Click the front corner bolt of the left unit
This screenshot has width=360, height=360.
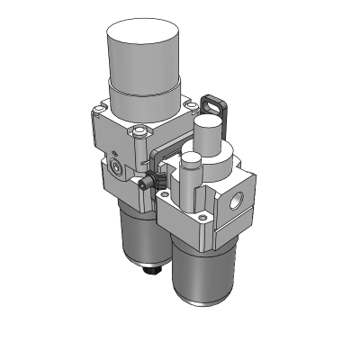138,134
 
